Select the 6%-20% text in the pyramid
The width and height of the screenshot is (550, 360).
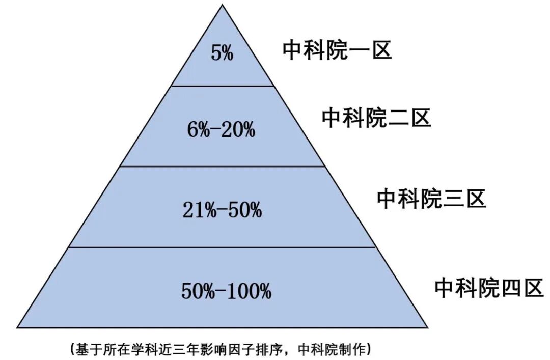pyautogui.click(x=221, y=130)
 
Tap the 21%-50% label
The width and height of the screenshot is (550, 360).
pyautogui.click(x=222, y=210)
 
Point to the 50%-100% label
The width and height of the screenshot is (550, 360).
pyautogui.click(x=226, y=291)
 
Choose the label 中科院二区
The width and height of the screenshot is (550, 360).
pyautogui.click(x=376, y=118)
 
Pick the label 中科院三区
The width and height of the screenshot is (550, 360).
pyautogui.click(x=431, y=199)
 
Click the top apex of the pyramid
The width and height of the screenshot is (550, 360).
pyautogui.click(x=223, y=5)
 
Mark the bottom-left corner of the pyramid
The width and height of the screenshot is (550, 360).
pyautogui.click(x=17, y=327)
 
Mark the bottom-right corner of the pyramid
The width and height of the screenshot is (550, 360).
pyautogui.click(x=427, y=327)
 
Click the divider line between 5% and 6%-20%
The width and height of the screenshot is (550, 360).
pyautogui.click(x=223, y=86)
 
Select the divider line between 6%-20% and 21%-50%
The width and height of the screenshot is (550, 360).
pyautogui.click(x=223, y=167)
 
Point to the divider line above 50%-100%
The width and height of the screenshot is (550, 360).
pyautogui.click(x=223, y=247)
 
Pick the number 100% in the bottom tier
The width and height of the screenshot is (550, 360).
pyautogui.click(x=249, y=291)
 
